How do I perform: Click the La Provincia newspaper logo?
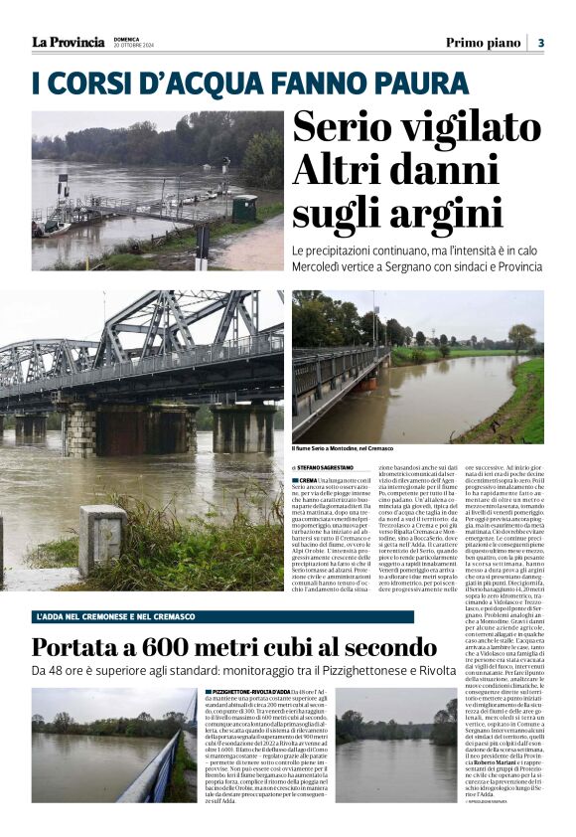pos(68,42)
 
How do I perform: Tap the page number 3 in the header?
pos(541,43)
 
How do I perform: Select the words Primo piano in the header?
pos(483,43)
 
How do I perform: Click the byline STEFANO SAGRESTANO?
pos(333,466)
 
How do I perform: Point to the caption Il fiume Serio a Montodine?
pos(343,449)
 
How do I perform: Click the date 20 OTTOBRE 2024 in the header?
pos(132,46)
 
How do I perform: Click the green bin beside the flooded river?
pos(244,208)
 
